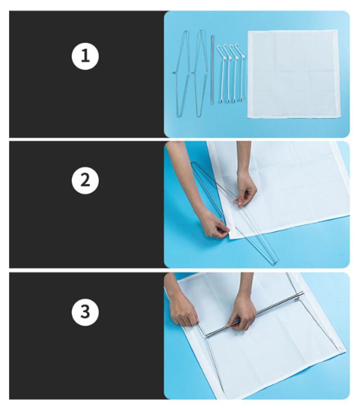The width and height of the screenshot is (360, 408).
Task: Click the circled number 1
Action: point(85,56)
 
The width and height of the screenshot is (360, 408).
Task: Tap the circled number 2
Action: point(85,180)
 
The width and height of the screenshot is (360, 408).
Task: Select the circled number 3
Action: point(85,312)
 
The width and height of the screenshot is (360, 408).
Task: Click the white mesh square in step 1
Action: point(294,74)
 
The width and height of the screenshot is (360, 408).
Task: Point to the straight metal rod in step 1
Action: point(212,70)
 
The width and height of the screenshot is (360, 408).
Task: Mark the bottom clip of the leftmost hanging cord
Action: point(222,100)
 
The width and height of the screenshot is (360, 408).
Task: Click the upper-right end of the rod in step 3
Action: point(303,293)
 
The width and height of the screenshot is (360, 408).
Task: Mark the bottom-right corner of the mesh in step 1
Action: point(340,118)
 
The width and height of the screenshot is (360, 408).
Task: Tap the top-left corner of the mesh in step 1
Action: point(248,31)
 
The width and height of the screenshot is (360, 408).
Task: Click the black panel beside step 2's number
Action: point(87,204)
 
